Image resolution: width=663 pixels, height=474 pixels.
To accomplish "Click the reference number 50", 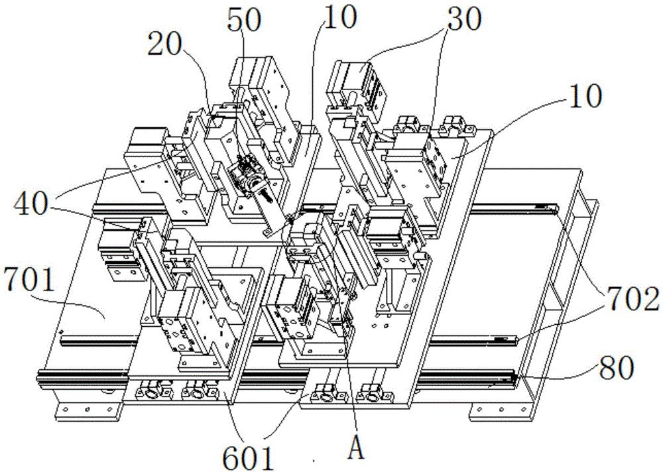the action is coord(243,19).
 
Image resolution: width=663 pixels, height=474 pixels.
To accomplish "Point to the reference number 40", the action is coord(31,204).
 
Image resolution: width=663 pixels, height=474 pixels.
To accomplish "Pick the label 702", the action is coord(633,299).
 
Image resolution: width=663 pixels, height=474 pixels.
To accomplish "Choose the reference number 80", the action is coord(617,367).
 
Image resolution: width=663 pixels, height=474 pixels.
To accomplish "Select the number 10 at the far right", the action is coord(585,95).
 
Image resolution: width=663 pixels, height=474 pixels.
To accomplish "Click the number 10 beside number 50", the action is coord(339,17).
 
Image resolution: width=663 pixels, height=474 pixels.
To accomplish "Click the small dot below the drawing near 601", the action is coord(314,461).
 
